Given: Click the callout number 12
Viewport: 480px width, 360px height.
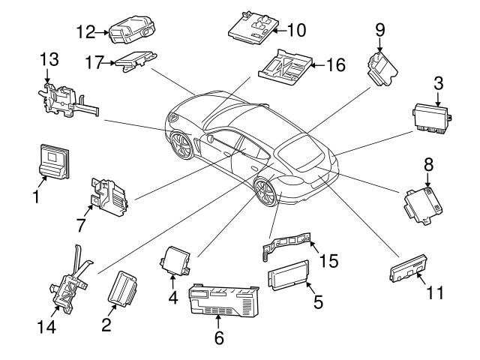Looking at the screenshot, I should [x=88, y=31].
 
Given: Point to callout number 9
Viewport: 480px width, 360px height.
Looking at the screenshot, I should [x=379, y=30].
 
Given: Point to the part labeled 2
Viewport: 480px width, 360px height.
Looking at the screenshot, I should [x=121, y=292].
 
